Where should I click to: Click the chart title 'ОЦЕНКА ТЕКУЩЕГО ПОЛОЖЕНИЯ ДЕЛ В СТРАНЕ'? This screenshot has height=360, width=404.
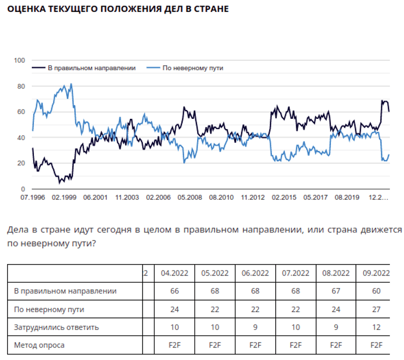tap(114, 9)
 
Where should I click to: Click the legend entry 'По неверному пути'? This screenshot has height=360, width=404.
tap(193, 68)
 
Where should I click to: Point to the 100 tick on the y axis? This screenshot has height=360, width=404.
tap(20, 60)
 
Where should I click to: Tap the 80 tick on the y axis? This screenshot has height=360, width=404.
tap(21, 86)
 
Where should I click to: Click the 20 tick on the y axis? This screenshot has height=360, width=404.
tap(21, 163)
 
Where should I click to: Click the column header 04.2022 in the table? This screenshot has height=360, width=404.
tap(174, 273)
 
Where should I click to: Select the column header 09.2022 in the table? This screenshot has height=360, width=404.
tap(376, 273)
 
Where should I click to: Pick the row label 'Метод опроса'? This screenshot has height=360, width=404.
tap(39, 345)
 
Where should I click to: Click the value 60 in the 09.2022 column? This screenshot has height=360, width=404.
tap(376, 291)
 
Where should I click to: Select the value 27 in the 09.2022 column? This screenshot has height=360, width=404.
tap(376, 309)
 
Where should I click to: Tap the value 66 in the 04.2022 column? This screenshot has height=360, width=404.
tap(174, 291)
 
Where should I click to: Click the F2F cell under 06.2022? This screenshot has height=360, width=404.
tap(255, 345)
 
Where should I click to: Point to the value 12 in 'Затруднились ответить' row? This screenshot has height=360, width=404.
tap(376, 327)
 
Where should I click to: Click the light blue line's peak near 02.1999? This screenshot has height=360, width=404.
tap(70, 85)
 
